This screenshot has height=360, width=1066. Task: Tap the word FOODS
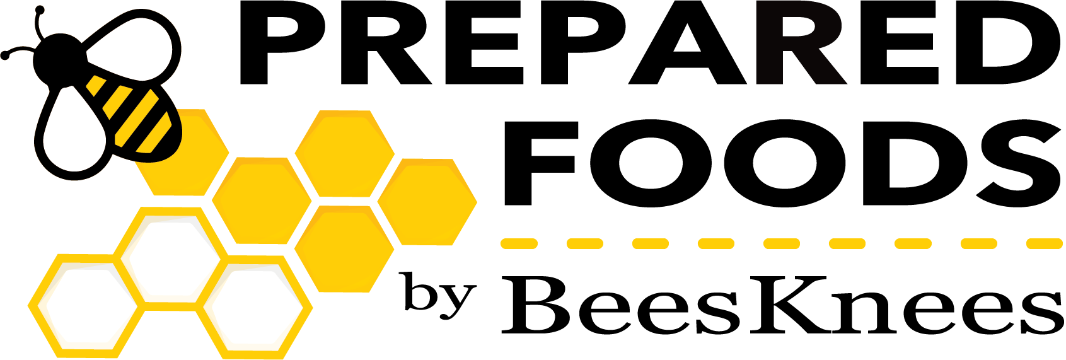click(x=782, y=163)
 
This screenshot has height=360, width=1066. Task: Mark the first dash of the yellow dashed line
click(x=519, y=243)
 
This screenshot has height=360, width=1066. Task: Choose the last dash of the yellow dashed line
click(x=1044, y=243)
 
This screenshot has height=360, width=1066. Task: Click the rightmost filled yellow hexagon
click(x=427, y=202)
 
